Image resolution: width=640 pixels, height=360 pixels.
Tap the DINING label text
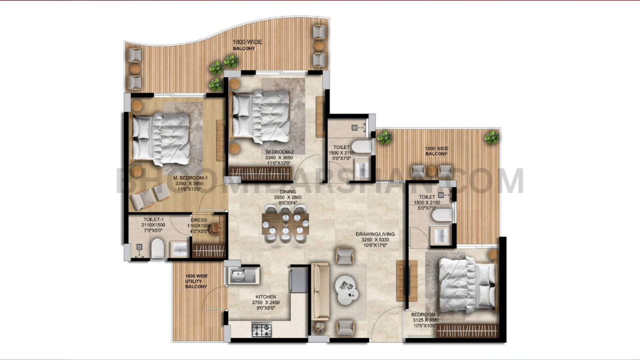click(287, 191)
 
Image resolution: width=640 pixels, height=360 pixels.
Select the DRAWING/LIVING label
click(375, 234)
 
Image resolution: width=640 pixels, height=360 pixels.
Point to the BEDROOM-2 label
click(279, 152)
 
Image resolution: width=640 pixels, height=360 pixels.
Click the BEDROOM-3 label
click(424, 314)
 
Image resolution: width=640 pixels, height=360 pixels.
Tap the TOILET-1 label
click(153, 219)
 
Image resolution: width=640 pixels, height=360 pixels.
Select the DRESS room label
click(199, 220)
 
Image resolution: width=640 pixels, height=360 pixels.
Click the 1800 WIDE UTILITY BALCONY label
click(196, 281)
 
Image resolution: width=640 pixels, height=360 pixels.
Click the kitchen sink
click(241, 275)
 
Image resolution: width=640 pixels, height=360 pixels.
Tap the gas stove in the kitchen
click(261, 329)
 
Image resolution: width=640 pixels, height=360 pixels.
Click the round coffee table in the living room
click(346, 288)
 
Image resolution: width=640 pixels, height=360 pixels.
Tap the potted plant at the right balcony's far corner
click(491, 136)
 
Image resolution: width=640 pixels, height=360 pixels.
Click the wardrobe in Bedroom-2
click(260, 173)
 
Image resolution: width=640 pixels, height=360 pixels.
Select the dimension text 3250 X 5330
click(375, 240)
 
